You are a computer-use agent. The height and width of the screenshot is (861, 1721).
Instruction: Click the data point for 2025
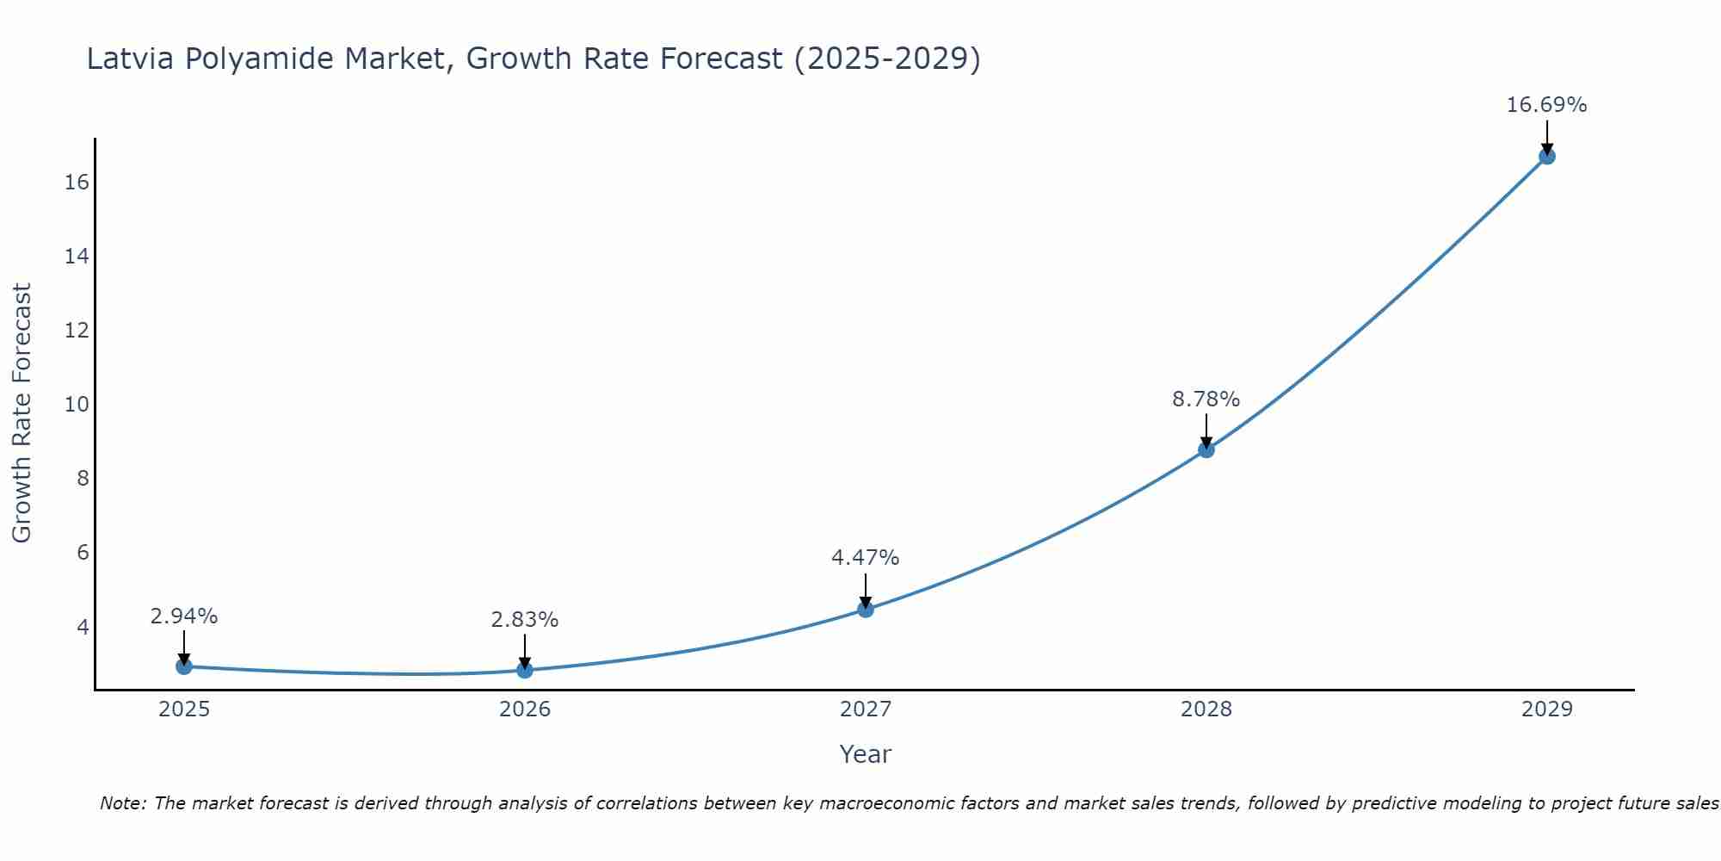click(184, 666)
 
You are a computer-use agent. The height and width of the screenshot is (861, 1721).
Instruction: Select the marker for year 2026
click(525, 670)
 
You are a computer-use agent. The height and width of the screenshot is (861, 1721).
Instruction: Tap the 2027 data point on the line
click(866, 610)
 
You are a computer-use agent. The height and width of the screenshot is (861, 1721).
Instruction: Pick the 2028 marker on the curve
click(1206, 449)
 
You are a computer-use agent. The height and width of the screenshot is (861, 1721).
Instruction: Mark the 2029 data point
click(1547, 156)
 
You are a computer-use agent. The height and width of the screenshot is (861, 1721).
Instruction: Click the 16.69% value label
click(1546, 105)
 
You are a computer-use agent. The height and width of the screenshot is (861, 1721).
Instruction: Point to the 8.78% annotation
click(1206, 400)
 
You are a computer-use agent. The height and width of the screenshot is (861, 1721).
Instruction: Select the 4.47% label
click(865, 558)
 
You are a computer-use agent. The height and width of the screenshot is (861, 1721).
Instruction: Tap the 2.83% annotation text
click(525, 620)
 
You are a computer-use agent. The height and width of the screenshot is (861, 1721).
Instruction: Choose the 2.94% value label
click(184, 616)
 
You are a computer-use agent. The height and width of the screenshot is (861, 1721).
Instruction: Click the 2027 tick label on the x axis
click(866, 709)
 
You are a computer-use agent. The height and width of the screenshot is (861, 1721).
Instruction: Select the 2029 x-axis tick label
click(1547, 709)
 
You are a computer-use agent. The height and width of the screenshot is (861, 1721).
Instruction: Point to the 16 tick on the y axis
click(77, 182)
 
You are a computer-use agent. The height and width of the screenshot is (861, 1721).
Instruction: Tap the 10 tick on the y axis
click(77, 404)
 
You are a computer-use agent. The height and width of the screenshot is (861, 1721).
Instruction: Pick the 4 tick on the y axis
click(83, 626)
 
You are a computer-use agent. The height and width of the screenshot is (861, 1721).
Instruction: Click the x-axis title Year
click(865, 754)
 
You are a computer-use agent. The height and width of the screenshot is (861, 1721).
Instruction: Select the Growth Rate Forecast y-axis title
click(22, 412)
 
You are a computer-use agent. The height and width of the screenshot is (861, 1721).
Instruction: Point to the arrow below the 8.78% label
click(1206, 430)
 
